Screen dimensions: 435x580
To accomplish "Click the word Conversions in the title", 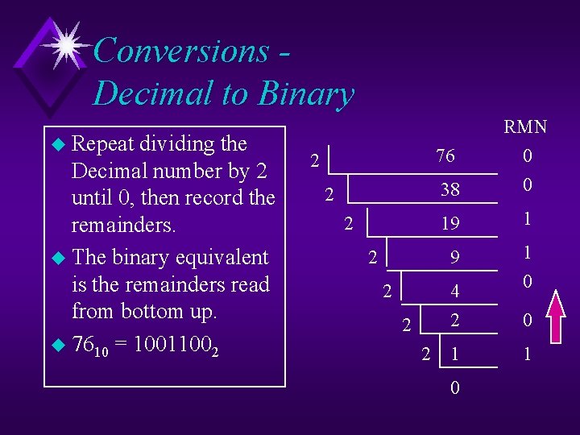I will (x=181, y=51).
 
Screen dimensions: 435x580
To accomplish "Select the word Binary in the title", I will (x=305, y=94).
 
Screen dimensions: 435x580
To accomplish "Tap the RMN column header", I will (x=525, y=127).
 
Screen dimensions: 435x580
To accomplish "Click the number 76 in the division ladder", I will (x=445, y=156).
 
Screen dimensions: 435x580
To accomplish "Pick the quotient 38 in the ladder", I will (x=450, y=190).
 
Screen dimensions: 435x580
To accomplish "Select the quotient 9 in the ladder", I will (x=455, y=258).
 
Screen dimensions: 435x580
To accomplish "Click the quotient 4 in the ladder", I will (x=455, y=292).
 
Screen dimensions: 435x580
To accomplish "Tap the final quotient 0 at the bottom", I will (x=455, y=387).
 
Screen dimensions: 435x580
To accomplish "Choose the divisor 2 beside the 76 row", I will (x=315, y=161).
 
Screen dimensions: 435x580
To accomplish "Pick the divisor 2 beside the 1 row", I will (x=427, y=353).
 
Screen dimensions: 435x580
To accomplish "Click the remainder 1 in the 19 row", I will (x=527, y=219).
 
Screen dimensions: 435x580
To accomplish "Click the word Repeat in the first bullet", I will (x=103, y=144).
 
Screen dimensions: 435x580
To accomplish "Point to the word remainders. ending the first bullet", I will (x=123, y=224).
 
